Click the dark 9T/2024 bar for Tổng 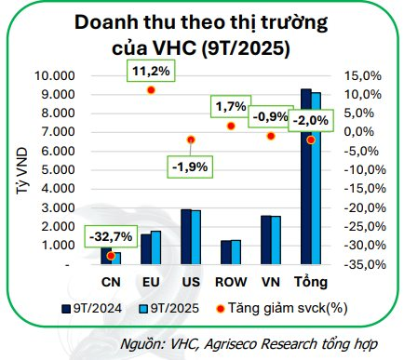click(305, 177)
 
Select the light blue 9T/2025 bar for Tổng click(316, 179)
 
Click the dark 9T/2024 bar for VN click(265, 240)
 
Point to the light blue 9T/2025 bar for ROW click(235, 252)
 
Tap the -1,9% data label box click(190, 167)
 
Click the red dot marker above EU click(151, 90)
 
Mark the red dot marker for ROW click(230, 126)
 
